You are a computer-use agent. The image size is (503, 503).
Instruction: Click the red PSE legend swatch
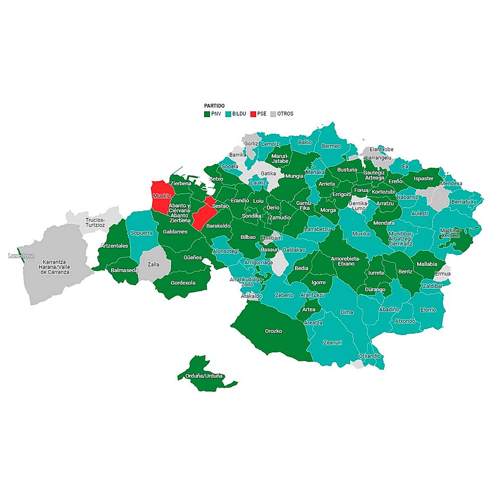(253, 114)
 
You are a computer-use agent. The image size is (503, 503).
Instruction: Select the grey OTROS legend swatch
(273, 114)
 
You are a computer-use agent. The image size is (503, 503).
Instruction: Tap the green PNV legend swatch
(207, 114)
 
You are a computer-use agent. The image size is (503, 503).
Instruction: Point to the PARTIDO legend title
(214, 106)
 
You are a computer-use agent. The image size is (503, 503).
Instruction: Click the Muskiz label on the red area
(162, 196)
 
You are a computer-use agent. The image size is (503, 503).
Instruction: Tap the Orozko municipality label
(274, 331)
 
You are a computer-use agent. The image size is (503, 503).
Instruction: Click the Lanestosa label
(21, 256)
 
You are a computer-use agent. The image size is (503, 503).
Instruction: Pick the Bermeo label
(331, 146)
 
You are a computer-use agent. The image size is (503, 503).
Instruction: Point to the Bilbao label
(248, 237)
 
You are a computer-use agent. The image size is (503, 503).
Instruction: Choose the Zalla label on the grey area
(154, 264)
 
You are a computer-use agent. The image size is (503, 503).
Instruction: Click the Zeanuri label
(332, 342)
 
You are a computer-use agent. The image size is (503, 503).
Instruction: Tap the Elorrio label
(428, 310)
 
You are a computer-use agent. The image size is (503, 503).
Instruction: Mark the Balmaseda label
(124, 270)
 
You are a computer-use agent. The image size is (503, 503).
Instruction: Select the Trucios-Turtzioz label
(95, 222)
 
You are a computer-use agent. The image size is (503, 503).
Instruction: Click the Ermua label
(443, 274)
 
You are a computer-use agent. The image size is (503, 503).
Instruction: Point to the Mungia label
(294, 176)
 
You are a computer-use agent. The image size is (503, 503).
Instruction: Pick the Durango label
(375, 290)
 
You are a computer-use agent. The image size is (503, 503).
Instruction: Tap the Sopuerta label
(142, 233)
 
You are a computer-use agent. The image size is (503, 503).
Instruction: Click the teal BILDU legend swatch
(228, 114)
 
